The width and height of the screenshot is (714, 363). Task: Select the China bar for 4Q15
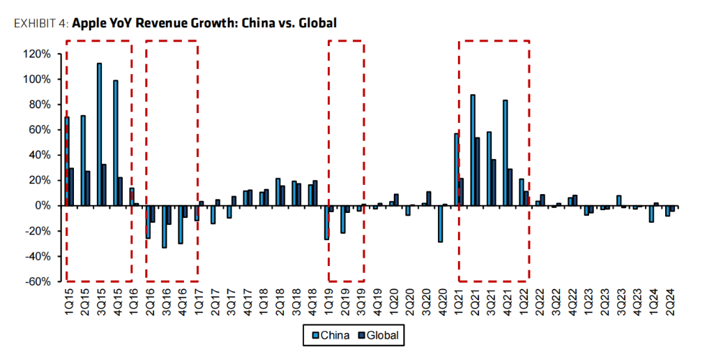click(x=115, y=142)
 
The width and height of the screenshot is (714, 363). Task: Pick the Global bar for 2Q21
click(x=478, y=171)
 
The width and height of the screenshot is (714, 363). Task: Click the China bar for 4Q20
click(x=440, y=224)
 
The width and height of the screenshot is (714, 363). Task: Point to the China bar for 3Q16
click(x=164, y=226)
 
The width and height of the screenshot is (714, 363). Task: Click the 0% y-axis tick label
click(x=42, y=205)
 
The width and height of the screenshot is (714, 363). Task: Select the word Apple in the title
click(x=89, y=23)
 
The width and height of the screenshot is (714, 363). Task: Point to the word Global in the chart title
click(x=318, y=23)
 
